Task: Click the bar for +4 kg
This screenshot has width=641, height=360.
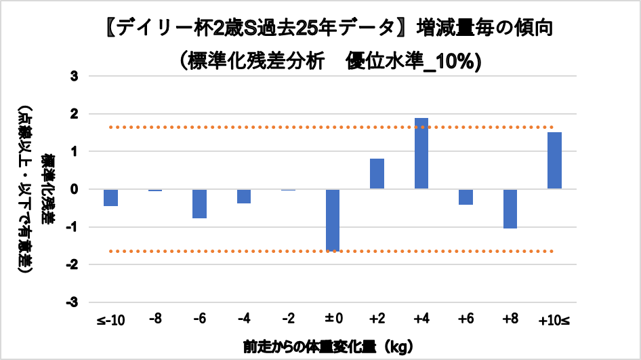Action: pos(421,153)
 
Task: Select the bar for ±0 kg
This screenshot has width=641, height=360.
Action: pos(333,220)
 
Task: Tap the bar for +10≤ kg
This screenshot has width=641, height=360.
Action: pos(554,161)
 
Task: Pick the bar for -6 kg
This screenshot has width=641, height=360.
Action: pos(199,203)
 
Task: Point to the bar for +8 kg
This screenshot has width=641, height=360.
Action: pos(510,209)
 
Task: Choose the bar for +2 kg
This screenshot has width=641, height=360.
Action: pos(377,174)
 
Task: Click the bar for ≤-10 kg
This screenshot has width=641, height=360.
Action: pos(111,197)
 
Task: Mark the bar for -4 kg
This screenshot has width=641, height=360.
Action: pos(244,196)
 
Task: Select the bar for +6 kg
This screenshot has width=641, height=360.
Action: pos(466,197)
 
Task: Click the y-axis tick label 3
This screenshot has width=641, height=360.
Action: pos(75,76)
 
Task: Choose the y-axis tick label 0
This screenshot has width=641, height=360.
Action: pos(75,189)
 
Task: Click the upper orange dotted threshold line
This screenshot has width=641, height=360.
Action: pos(271,127)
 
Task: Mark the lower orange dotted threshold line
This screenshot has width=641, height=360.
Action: pos(271,252)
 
